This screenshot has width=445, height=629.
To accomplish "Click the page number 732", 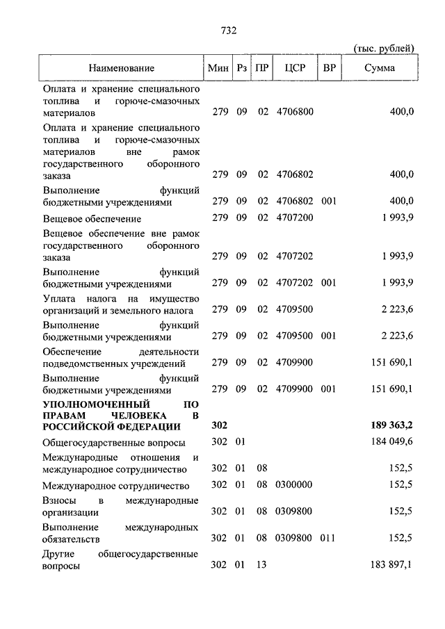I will coord(229,30).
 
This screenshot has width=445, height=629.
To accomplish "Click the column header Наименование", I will coord(121,68).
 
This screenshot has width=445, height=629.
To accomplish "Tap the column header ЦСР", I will coord(295,68).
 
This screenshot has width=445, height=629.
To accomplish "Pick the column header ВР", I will coord(329,68).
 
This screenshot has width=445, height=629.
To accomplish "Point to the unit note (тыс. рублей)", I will coord(385,48).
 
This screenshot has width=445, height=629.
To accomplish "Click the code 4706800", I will coord(295,111).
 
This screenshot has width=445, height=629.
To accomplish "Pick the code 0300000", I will coord(295,484).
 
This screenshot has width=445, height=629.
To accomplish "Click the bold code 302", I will coord(219,426).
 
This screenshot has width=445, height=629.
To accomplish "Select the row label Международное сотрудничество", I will coord(116,484).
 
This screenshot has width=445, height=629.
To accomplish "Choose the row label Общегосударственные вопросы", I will coord(113,443).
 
